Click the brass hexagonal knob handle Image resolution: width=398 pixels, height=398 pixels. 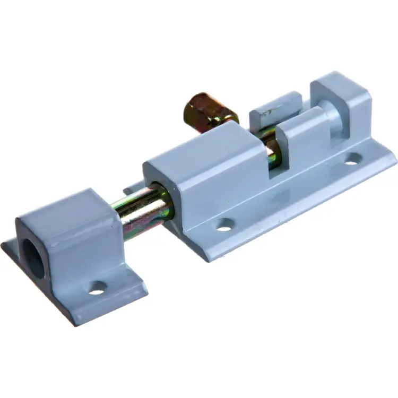[210, 110]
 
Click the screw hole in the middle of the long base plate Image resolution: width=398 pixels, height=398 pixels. [225, 225]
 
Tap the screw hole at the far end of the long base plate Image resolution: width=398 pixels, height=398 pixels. [352, 159]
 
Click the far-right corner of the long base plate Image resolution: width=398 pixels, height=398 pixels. [395, 154]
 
